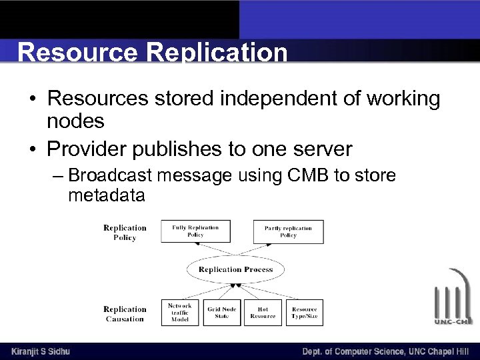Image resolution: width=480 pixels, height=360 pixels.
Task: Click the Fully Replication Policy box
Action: [195, 231]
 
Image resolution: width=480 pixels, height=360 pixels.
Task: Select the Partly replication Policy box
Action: [288, 231]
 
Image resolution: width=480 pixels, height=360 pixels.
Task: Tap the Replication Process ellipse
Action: [235, 270]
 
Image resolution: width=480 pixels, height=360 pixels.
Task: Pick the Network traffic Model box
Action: [179, 313]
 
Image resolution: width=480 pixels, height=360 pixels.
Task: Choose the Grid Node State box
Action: [222, 313]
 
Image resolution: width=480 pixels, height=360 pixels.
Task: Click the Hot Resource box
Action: [263, 313]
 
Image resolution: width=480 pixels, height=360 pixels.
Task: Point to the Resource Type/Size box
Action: [305, 313]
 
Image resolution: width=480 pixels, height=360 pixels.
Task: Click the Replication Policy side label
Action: [125, 233]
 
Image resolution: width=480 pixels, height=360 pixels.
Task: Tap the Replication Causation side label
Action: [125, 314]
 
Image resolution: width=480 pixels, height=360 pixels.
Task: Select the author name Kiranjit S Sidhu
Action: [41, 351]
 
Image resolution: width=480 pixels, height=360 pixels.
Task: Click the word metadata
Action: [106, 196]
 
